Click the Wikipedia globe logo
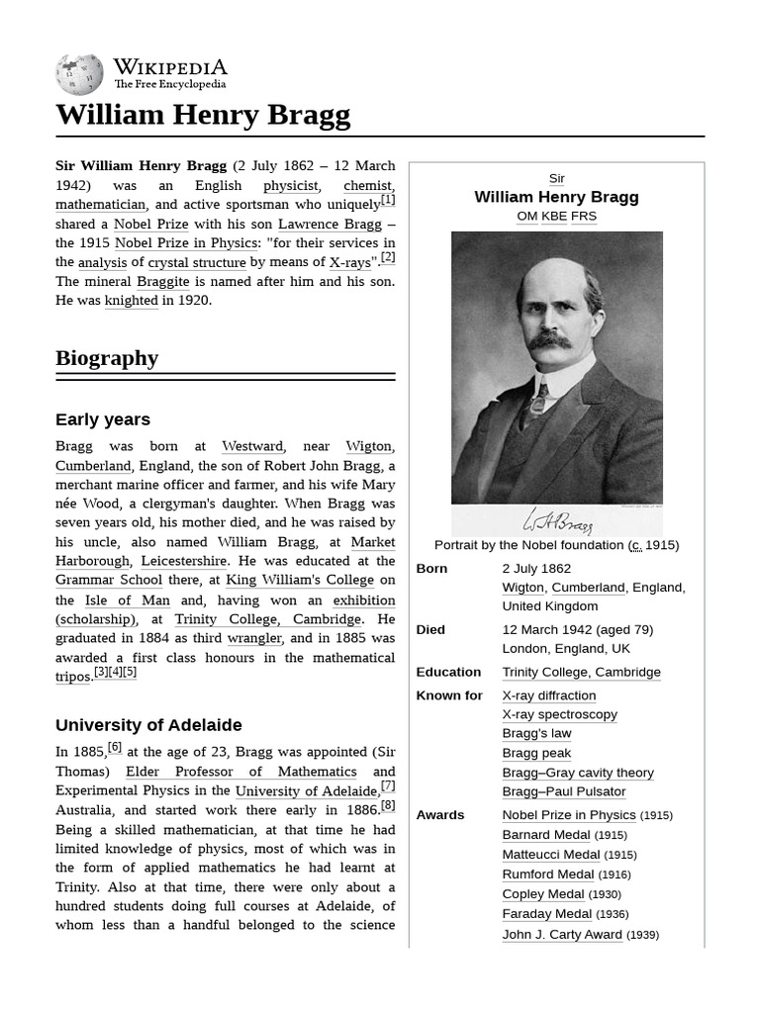pos(79,75)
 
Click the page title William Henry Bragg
pos(203,116)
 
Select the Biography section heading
pos(107,358)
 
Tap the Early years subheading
pos(103,419)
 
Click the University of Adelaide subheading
pos(148,725)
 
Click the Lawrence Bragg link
pos(330,225)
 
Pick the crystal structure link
pos(197,263)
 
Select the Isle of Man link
pos(128,600)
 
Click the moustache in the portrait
pos(549,341)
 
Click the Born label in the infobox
pos(431,569)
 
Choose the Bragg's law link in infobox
pos(536,734)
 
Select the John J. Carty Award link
pos(562,935)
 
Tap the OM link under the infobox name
pos(526,216)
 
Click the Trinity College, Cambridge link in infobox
pos(581,673)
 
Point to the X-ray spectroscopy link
pos(559,714)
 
